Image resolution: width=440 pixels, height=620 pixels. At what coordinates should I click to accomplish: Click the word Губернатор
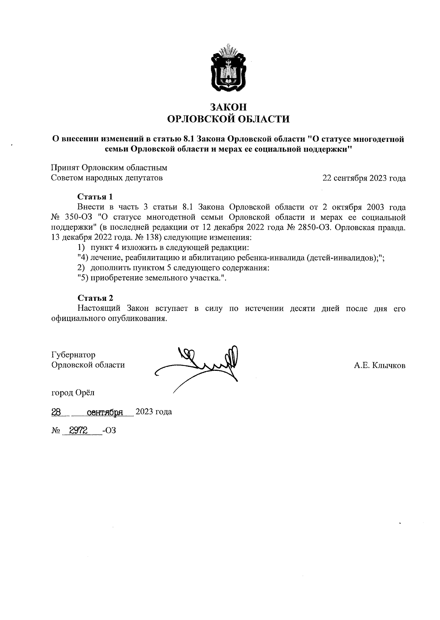pyautogui.click(x=73, y=355)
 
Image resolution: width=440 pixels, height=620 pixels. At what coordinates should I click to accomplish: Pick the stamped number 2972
pyautogui.click(x=78, y=430)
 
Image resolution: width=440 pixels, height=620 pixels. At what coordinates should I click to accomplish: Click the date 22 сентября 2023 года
pyautogui.click(x=364, y=178)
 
